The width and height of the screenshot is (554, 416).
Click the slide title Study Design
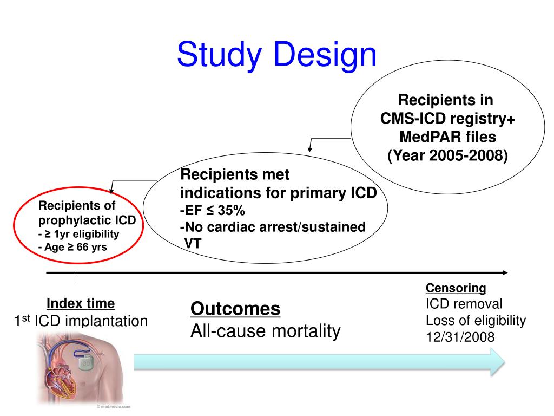(276, 56)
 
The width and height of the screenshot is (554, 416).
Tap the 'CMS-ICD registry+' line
(447, 119)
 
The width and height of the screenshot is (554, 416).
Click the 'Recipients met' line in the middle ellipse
(235, 175)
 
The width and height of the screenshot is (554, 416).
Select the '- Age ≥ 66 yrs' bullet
(72, 247)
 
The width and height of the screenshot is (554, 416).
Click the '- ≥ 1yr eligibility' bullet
(78, 234)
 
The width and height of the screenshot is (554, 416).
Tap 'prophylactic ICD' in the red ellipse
(87, 221)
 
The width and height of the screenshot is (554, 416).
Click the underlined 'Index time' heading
(81, 303)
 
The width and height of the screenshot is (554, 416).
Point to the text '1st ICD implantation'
(81, 321)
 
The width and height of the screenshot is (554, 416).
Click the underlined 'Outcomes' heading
(235, 309)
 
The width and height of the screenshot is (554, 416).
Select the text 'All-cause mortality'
(266, 331)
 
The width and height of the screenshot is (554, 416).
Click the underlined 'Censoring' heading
(456, 288)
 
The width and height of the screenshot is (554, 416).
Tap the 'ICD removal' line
(464, 304)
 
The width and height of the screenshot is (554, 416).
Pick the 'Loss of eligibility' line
(476, 321)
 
